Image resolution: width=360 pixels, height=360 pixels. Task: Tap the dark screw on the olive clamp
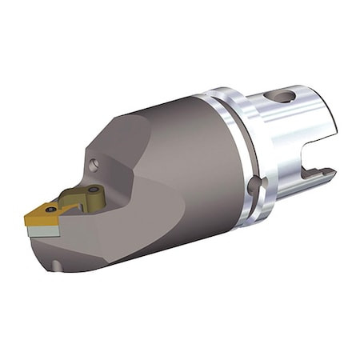coord(94,191)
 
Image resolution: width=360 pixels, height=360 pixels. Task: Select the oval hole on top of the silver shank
coord(283,97)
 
